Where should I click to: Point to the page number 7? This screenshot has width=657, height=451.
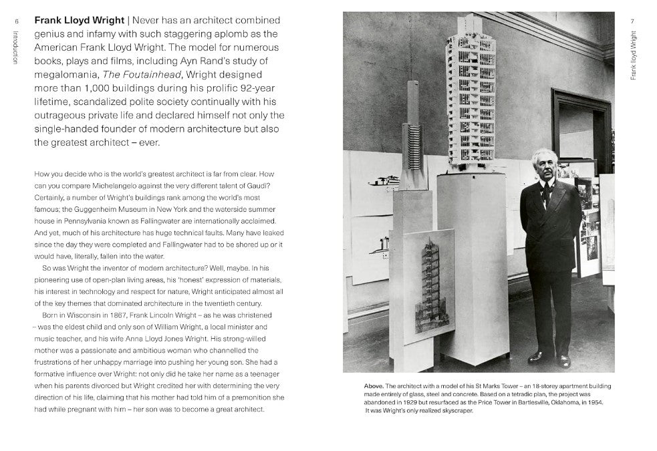click(632, 21)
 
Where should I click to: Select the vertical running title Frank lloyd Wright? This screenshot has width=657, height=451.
click(633, 55)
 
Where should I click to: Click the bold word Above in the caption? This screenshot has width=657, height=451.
click(374, 386)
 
